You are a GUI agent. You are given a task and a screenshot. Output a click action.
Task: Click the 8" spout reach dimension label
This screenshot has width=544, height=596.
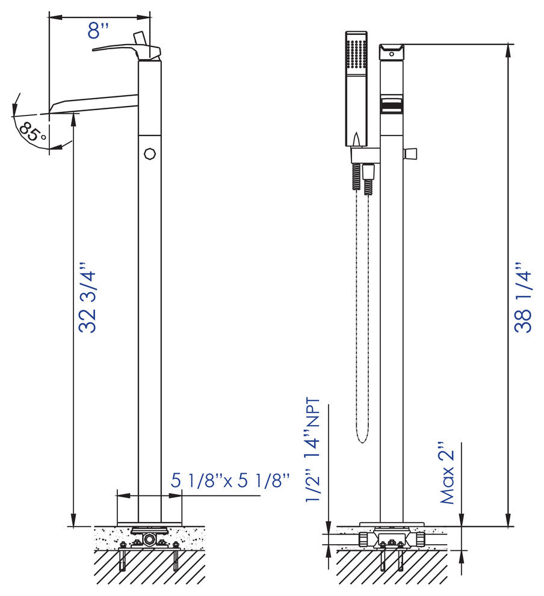[x=98, y=31]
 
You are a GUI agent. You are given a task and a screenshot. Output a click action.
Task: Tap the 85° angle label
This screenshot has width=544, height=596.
[x=33, y=131]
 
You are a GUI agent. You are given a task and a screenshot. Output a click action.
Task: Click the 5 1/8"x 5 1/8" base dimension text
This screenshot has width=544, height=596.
[x=230, y=480]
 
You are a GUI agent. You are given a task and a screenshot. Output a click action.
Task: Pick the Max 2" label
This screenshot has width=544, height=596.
[x=447, y=473]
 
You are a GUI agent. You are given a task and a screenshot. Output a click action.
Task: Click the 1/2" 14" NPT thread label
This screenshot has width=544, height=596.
[x=314, y=450]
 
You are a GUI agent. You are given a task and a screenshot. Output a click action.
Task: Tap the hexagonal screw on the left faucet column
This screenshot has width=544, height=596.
[x=150, y=154]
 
